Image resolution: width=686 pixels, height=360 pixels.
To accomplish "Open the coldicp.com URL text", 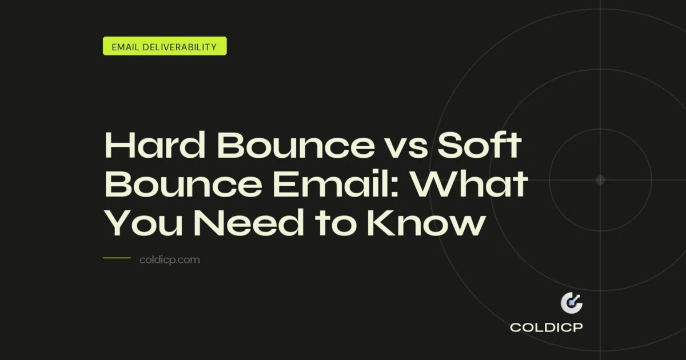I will click(169, 260).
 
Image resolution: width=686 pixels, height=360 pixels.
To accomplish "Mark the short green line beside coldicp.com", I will click(117, 258).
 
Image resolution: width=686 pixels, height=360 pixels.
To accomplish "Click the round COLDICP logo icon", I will click(571, 303).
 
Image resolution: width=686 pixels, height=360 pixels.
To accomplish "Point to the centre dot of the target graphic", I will click(600, 180).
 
